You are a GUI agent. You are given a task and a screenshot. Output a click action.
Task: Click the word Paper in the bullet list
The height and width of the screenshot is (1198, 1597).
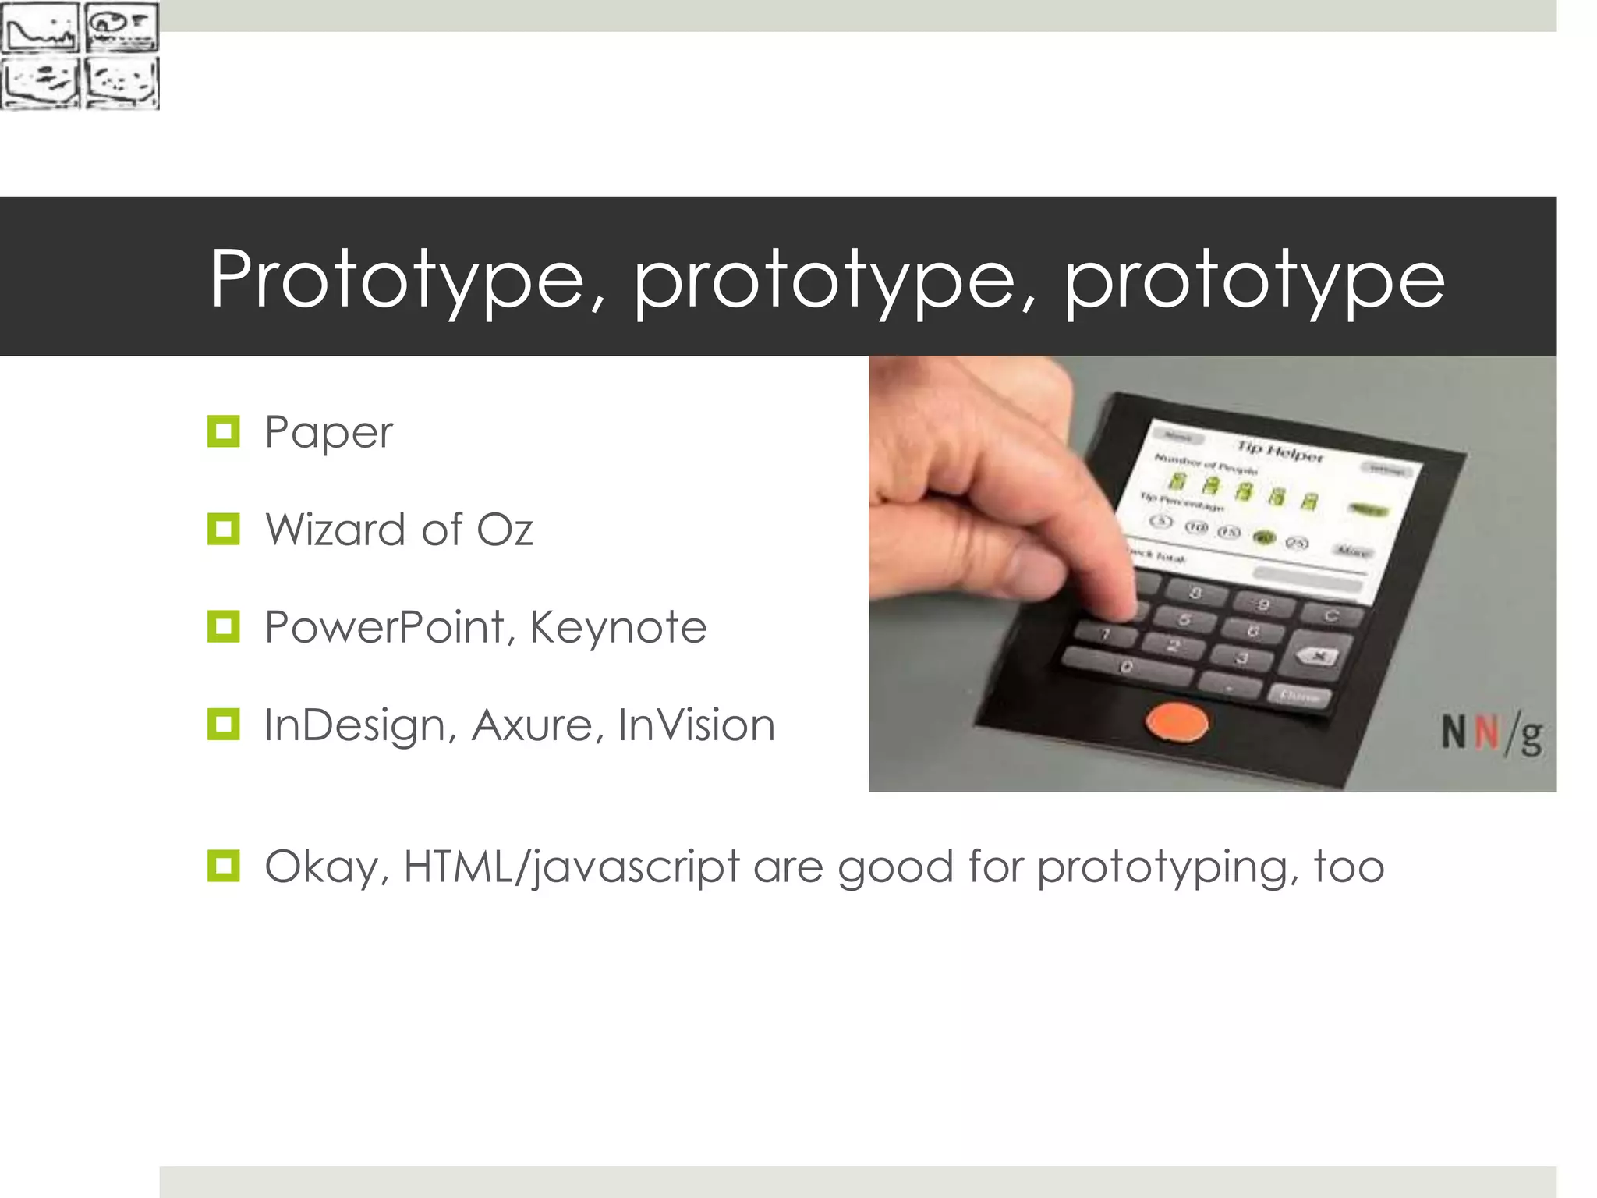328,433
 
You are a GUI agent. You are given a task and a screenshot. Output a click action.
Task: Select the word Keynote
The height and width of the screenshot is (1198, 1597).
618,628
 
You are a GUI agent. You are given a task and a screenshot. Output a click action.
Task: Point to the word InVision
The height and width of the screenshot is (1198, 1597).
696,725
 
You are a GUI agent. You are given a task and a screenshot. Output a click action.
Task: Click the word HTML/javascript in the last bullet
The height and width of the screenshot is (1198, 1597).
572,867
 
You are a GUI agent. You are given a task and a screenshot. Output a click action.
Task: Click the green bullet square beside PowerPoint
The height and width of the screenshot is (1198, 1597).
224,626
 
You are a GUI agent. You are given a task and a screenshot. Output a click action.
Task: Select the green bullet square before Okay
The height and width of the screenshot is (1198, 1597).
224,866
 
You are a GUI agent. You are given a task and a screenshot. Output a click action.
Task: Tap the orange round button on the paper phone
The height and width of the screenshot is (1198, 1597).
1177,722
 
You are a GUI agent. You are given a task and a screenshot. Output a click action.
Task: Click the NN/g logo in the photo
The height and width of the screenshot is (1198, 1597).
1490,734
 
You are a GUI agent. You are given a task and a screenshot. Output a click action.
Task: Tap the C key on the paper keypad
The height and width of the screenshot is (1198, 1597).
1331,616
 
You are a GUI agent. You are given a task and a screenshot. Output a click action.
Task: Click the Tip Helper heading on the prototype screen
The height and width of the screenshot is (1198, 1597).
1280,451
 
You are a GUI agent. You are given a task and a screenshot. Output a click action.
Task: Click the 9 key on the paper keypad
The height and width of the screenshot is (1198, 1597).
1263,604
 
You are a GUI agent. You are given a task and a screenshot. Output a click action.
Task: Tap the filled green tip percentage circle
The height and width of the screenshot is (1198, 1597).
1262,537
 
